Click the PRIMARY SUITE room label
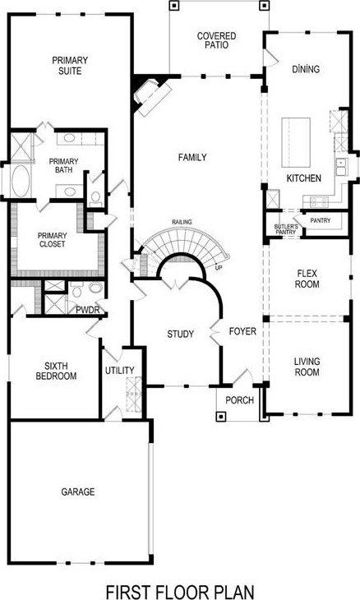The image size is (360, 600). pyautogui.click(x=69, y=66)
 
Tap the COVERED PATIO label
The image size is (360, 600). pyautogui.click(x=217, y=41)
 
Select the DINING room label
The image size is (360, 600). pyautogui.click(x=305, y=70)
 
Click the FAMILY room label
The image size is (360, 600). pyautogui.click(x=192, y=157)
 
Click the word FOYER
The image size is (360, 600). pyautogui.click(x=243, y=332)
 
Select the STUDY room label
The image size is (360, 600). pyautogui.click(x=180, y=334)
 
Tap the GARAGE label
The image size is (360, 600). pyautogui.click(x=78, y=492)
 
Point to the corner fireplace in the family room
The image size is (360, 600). pyautogui.click(x=150, y=91)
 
